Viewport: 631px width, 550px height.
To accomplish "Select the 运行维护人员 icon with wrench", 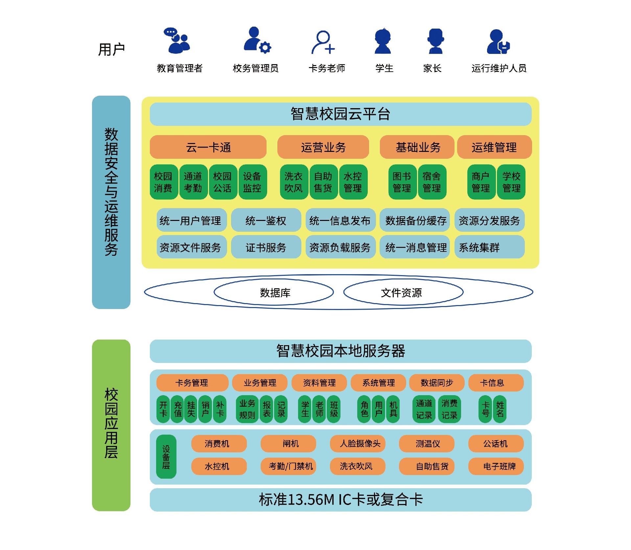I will [498, 42].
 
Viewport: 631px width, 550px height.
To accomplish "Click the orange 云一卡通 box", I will [208, 147].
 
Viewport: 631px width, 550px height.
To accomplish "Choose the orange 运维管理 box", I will [494, 147].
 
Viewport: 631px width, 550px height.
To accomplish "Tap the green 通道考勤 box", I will [193, 182].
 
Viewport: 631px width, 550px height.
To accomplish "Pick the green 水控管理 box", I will [353, 182].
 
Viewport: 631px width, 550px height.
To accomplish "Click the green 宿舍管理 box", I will [432, 182].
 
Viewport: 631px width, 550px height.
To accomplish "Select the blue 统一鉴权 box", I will [266, 220].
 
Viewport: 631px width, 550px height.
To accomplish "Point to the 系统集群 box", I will [489, 247].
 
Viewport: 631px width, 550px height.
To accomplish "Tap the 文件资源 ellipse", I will [403, 292].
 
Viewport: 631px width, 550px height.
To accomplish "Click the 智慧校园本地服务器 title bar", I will [340, 351].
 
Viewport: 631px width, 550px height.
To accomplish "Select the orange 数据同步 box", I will [437, 383].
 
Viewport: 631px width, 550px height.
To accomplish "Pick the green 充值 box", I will [178, 409].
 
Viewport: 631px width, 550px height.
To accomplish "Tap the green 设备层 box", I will [166, 456].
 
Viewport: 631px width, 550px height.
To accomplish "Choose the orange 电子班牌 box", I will [496, 466].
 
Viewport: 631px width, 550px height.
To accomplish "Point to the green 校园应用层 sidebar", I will [111, 425].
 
